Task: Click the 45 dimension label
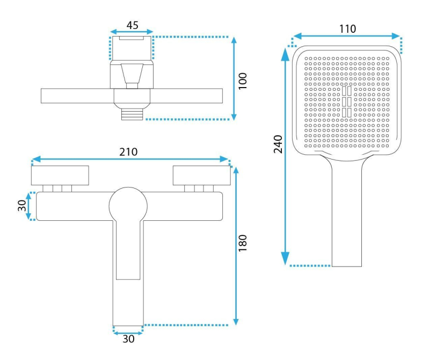tap(133, 25)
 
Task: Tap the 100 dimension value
tap(243, 81)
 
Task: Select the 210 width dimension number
tap(128, 152)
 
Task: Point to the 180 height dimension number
tap(243, 243)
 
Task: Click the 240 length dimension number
tap(278, 144)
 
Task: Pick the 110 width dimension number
tap(347, 28)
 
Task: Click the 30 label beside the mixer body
tap(22, 206)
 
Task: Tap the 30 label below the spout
tap(128, 339)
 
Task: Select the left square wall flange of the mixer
tap(60, 176)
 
